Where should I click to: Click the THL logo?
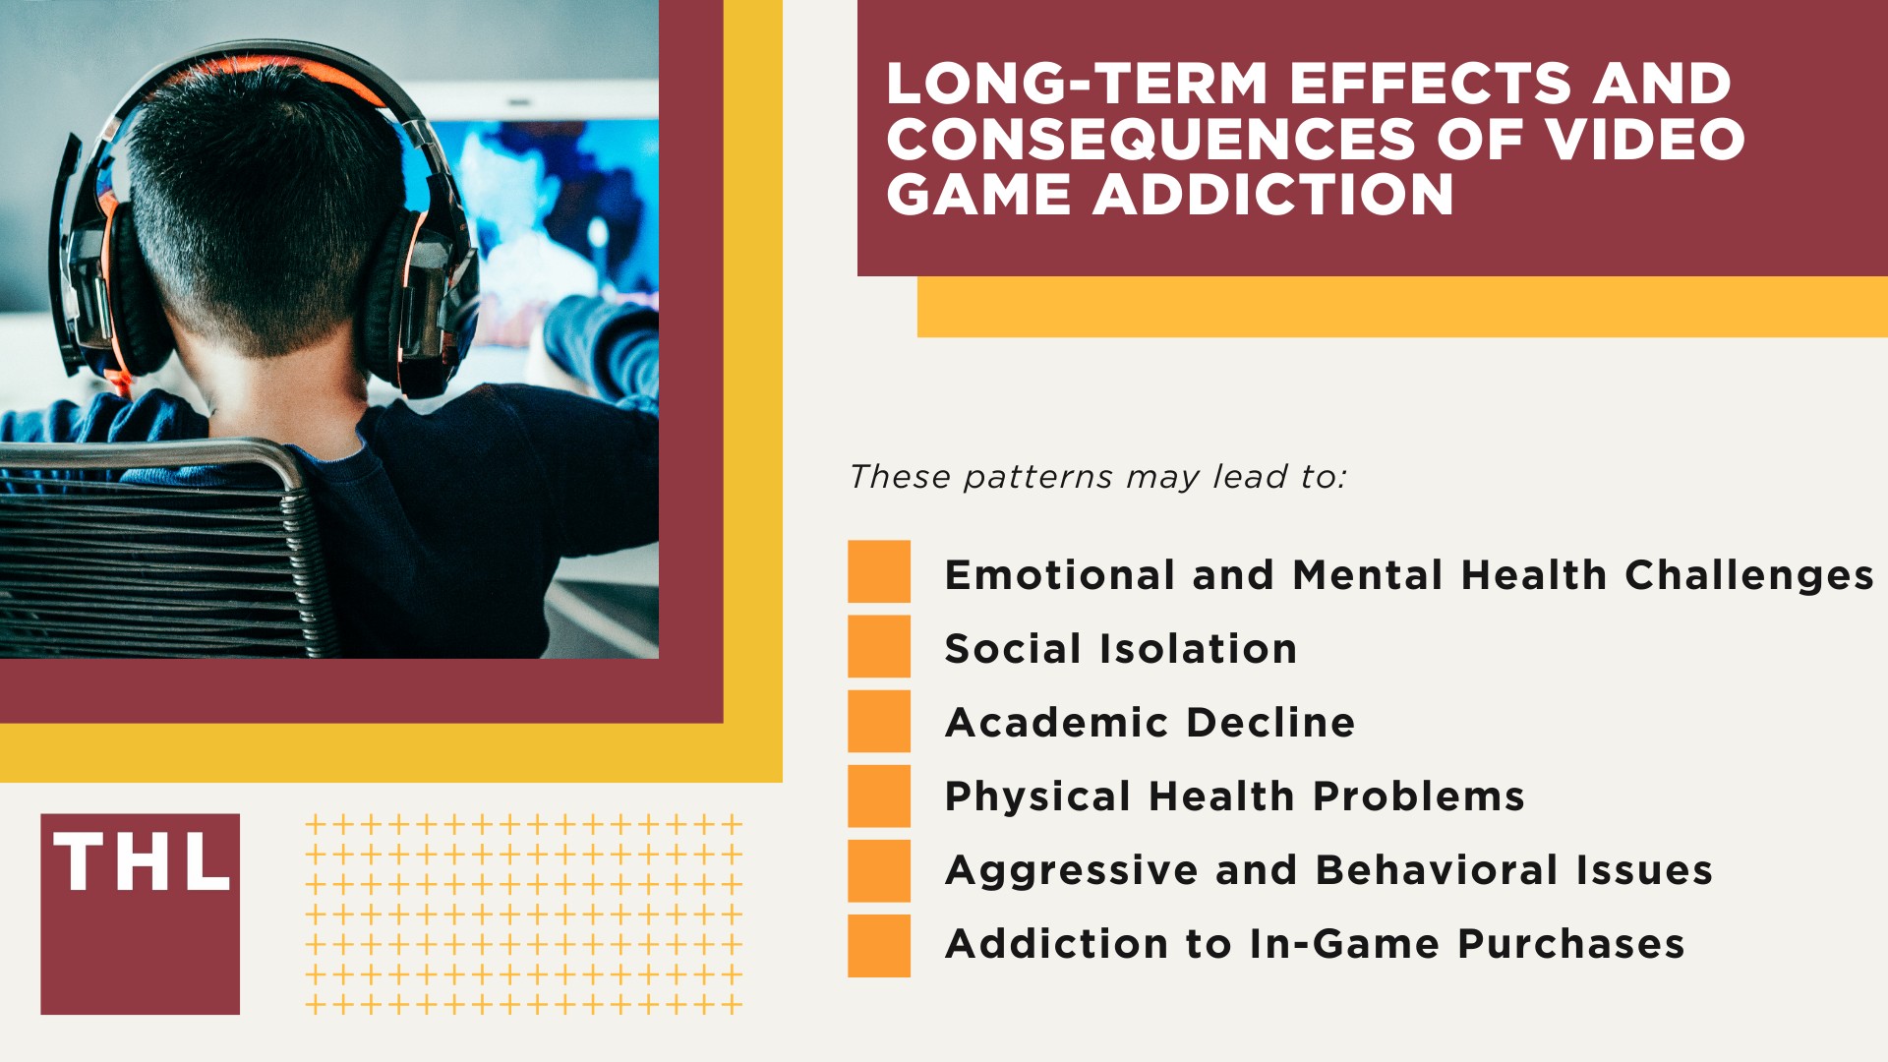pyautogui.click(x=140, y=914)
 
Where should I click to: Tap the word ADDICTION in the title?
pyautogui.click(x=1273, y=195)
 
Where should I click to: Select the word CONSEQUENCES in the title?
pyautogui.click(x=1150, y=139)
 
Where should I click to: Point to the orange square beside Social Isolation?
pyautogui.click(x=879, y=646)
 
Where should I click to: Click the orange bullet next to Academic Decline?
pyautogui.click(x=879, y=721)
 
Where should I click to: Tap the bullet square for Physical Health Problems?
pyautogui.click(x=879, y=796)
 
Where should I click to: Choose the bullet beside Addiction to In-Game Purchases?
pyautogui.click(x=879, y=945)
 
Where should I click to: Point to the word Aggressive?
pyautogui.click(x=1069, y=871)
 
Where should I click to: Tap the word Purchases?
pyautogui.click(x=1570, y=944)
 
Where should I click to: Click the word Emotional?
pyautogui.click(x=1059, y=575)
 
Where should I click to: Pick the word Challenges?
pyautogui.click(x=1748, y=576)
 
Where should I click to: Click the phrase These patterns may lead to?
pyautogui.click(x=1096, y=477)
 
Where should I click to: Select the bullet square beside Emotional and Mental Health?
pyautogui.click(x=879, y=571)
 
